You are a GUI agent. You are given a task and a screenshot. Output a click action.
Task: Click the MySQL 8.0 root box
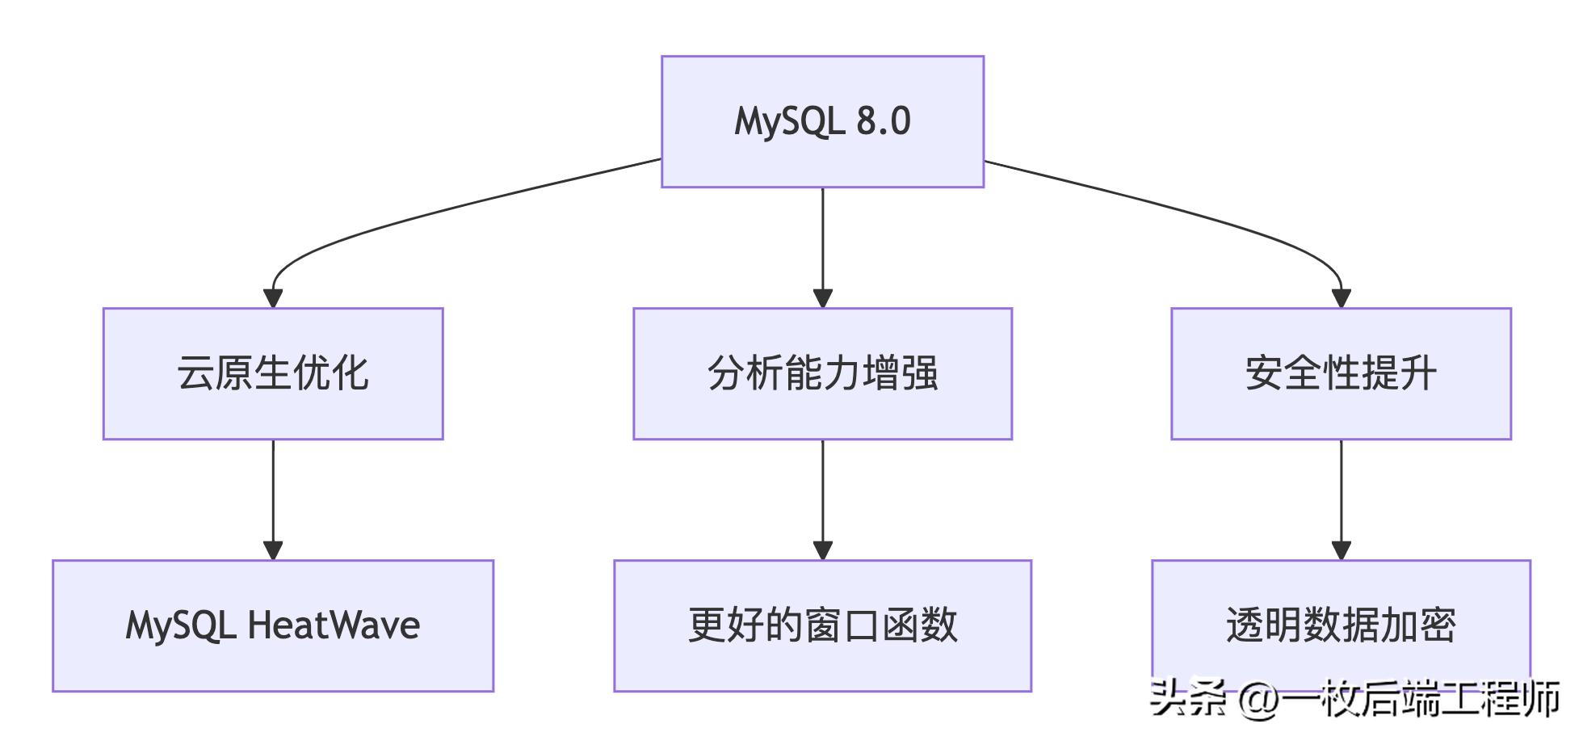pos(822,121)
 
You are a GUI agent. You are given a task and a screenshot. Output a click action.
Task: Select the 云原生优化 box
pos(273,373)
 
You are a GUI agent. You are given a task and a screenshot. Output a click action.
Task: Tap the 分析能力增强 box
pos(822,373)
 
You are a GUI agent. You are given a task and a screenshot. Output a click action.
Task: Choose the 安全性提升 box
pos(1341,373)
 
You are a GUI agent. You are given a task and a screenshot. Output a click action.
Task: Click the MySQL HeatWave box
pos(273,625)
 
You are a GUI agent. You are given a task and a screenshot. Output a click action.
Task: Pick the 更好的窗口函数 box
pos(822,625)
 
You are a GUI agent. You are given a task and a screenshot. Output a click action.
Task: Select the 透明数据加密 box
pos(1341,625)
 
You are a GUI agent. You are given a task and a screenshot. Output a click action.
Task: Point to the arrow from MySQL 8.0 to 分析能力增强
pos(822,242)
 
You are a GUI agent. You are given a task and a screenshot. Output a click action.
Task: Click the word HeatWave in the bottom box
pos(334,625)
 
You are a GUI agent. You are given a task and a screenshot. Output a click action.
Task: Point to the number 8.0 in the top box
pos(884,121)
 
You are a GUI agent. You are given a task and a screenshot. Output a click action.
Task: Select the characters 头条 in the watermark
pos(1187,697)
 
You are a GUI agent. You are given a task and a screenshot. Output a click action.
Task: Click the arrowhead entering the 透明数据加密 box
pos(1341,550)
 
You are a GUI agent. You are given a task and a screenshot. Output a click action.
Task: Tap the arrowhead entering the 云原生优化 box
pos(273,297)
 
